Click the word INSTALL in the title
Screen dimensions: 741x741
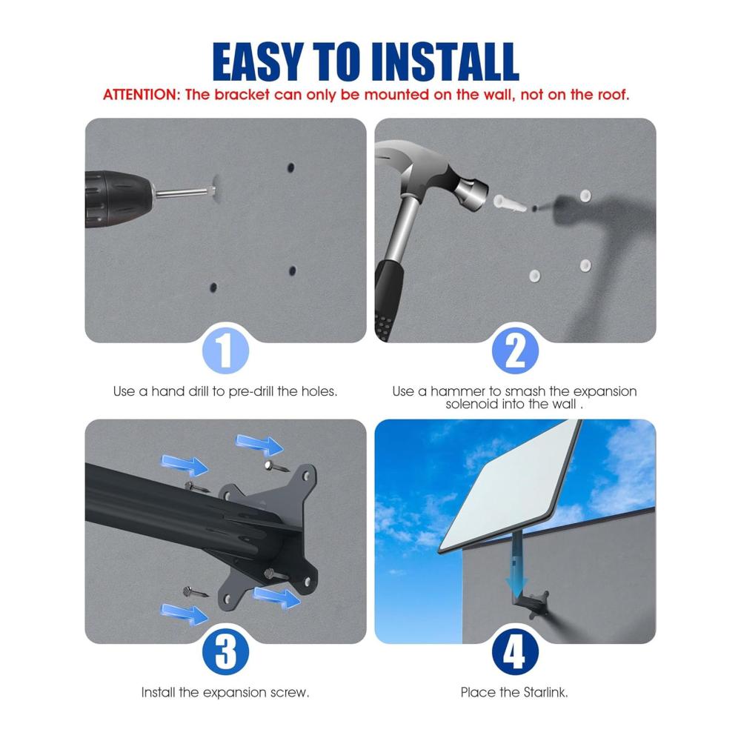(x=445, y=62)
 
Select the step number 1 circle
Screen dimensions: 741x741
(x=225, y=350)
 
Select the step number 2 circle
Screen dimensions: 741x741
(x=515, y=350)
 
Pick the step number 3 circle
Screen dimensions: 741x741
(x=225, y=651)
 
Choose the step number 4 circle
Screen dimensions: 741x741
(x=515, y=651)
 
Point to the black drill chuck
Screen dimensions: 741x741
(x=118, y=199)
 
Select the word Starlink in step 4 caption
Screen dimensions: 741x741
(x=545, y=692)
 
